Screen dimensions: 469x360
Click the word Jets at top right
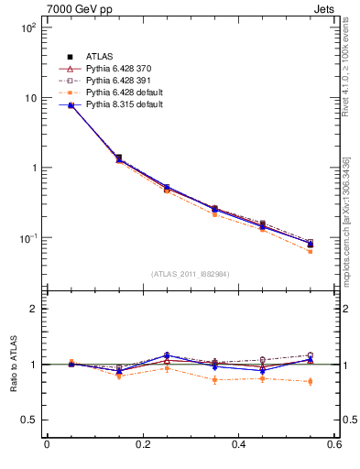(x=324, y=8)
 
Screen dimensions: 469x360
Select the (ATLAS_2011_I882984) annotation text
(x=190, y=273)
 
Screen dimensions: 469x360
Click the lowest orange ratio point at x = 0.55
(x=310, y=381)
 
